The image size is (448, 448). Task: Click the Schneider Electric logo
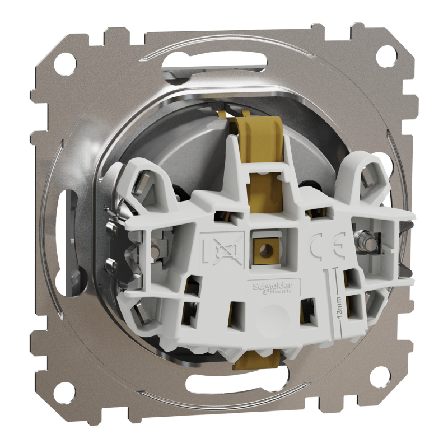point(273,287)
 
